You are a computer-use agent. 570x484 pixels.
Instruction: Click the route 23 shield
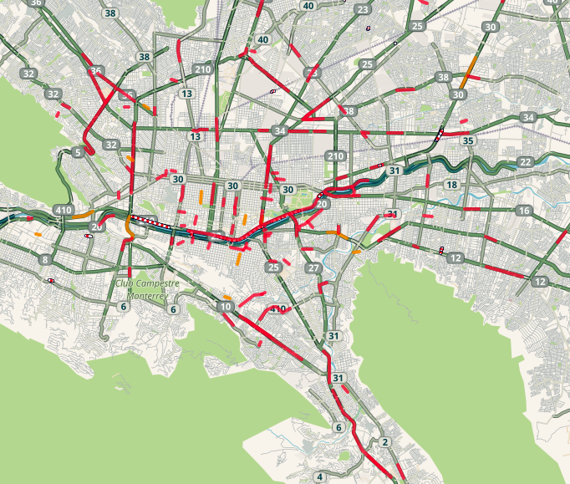click(363, 10)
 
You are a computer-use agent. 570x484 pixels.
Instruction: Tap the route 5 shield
click(78, 152)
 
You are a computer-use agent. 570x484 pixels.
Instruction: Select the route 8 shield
click(44, 261)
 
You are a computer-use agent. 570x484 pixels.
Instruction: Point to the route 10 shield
click(226, 308)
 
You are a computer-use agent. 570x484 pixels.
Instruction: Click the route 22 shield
click(525, 161)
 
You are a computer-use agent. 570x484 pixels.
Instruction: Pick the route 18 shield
click(452, 185)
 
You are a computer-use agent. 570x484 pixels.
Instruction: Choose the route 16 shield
click(524, 211)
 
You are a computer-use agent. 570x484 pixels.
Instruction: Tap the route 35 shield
click(469, 140)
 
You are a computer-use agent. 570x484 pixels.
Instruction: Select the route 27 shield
click(313, 268)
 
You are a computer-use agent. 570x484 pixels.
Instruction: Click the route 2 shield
click(384, 442)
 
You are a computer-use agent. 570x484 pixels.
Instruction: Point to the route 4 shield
click(319, 477)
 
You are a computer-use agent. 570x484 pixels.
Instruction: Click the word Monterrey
click(147, 295)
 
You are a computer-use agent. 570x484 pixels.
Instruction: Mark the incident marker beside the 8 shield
click(51, 281)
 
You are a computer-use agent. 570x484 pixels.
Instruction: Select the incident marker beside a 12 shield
click(441, 250)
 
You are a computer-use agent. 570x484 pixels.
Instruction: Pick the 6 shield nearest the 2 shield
click(338, 428)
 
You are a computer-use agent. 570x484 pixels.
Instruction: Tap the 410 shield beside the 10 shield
click(279, 309)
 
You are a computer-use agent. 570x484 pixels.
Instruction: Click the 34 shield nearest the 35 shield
click(527, 117)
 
